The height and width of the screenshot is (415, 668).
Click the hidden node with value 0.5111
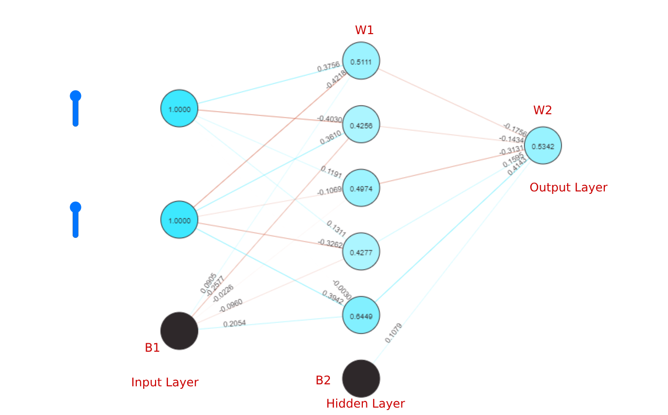(x=361, y=61)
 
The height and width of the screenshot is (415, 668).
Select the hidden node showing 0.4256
(x=361, y=124)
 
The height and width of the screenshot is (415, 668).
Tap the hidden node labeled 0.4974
(x=361, y=188)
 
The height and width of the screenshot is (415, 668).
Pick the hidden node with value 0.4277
(x=361, y=251)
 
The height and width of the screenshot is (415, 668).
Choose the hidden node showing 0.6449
(x=361, y=315)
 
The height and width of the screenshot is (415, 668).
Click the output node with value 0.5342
(x=543, y=145)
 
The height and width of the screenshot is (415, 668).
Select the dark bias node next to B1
(x=179, y=331)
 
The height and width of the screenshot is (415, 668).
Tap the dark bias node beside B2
(x=361, y=378)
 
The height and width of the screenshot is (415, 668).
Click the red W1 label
(x=364, y=30)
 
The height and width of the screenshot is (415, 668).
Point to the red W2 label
(x=542, y=110)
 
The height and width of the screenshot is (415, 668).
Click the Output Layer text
(x=568, y=187)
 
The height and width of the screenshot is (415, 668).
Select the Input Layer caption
(x=164, y=382)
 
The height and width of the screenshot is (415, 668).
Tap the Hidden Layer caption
(x=365, y=404)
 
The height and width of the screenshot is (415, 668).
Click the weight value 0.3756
(x=328, y=68)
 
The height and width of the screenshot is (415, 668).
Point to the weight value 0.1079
(x=393, y=333)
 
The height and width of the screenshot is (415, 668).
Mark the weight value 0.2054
(x=234, y=324)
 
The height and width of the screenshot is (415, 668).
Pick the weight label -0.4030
(x=329, y=119)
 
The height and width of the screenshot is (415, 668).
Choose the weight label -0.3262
(x=330, y=243)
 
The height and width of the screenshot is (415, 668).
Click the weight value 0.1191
(x=331, y=172)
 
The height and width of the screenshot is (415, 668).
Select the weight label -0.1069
(x=329, y=191)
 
